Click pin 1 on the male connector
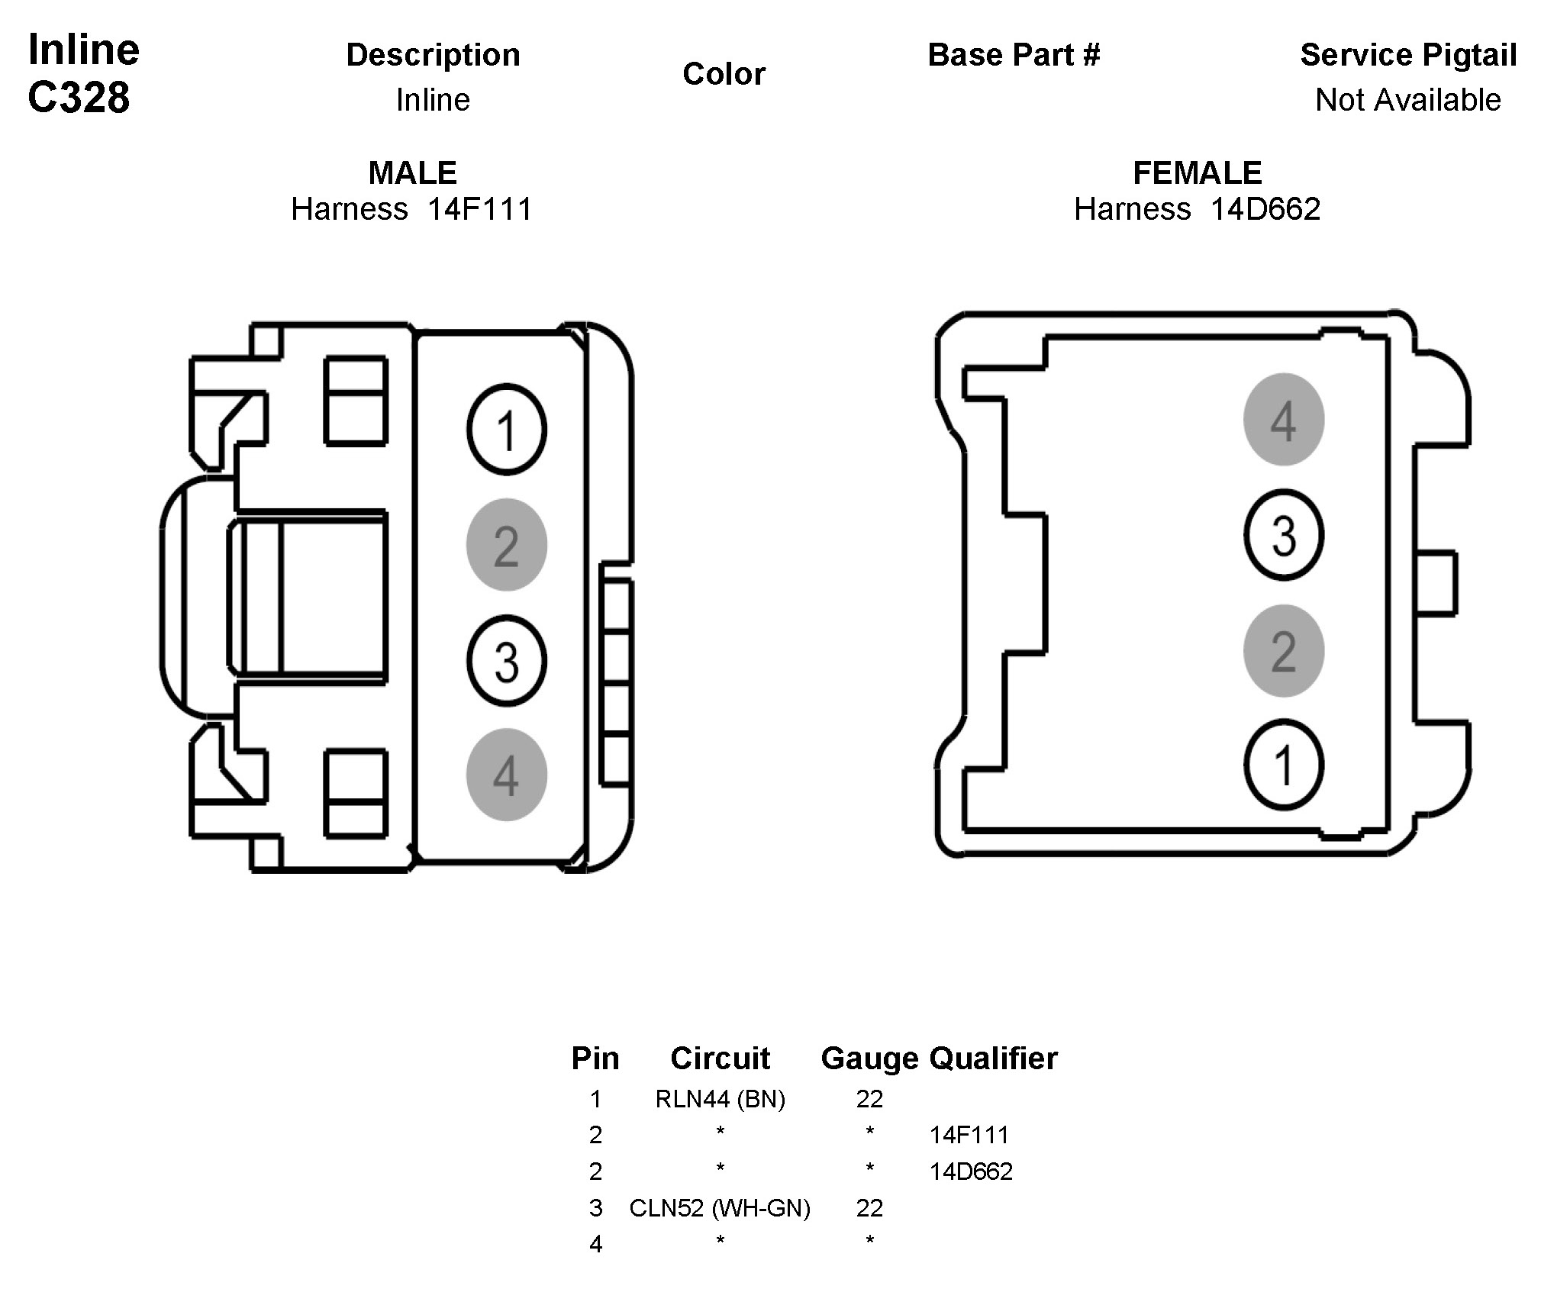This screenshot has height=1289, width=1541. (x=506, y=429)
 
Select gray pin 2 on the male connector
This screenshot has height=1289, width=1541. (x=506, y=544)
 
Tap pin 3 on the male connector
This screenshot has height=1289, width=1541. (x=506, y=660)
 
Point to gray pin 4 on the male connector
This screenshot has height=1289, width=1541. (x=506, y=775)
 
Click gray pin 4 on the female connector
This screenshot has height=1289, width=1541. (x=1283, y=419)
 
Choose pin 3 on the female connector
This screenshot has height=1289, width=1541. (x=1283, y=534)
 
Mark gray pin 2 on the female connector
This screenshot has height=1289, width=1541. (x=1283, y=650)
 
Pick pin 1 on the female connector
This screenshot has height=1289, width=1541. (x=1283, y=765)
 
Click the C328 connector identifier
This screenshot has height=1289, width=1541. (x=79, y=98)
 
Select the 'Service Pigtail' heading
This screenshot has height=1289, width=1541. (x=1408, y=55)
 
